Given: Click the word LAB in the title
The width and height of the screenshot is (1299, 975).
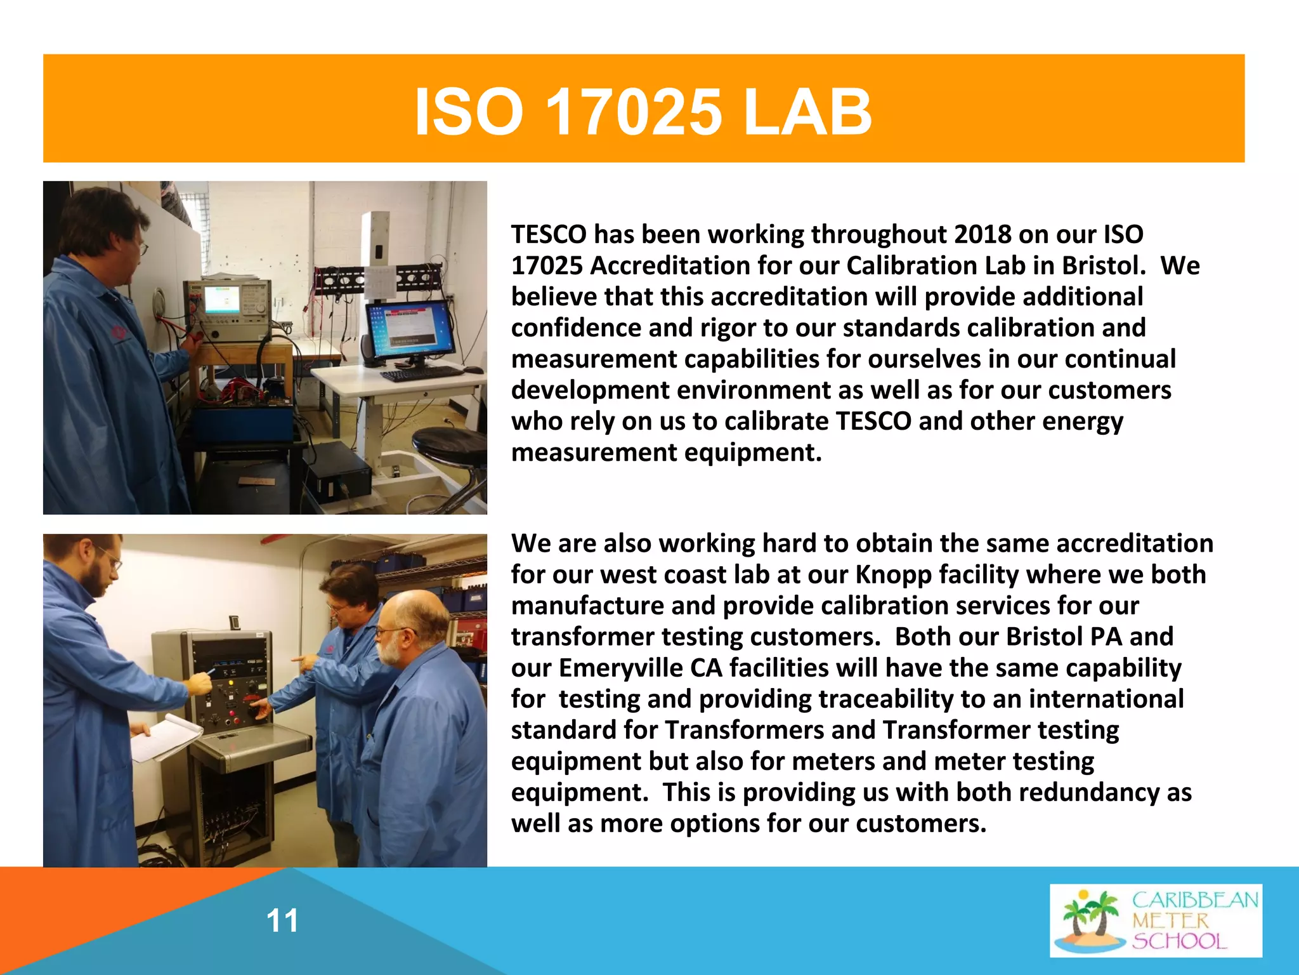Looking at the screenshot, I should (807, 113).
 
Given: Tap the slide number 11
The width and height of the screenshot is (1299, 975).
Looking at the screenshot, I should (282, 921).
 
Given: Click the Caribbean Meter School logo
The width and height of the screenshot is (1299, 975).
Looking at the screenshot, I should (1156, 920).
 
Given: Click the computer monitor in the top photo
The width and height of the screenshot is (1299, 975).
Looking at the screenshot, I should (411, 330).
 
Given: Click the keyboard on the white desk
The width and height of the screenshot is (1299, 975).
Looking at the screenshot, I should (422, 374).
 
